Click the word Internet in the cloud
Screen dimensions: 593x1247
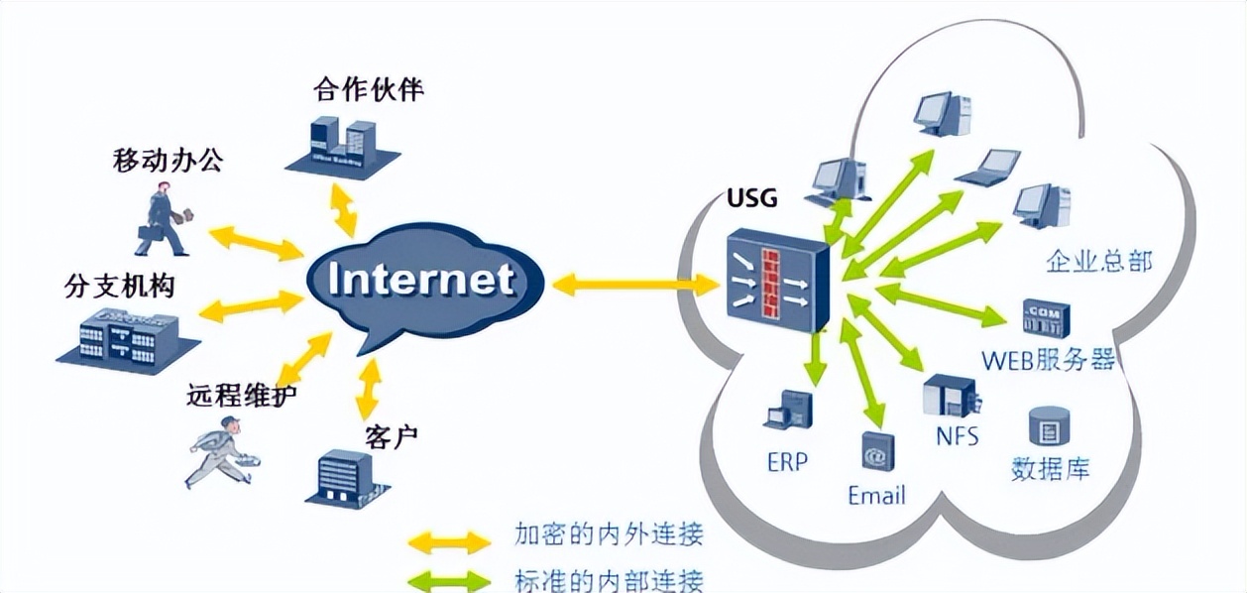(x=421, y=280)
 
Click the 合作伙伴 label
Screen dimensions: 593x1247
(x=368, y=91)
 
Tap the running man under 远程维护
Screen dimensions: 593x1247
(x=220, y=451)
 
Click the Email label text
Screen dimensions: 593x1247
(x=876, y=495)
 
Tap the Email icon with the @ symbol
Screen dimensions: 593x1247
(x=876, y=452)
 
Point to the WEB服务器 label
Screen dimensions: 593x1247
(x=1048, y=359)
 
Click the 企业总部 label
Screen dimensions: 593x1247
(x=1098, y=262)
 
